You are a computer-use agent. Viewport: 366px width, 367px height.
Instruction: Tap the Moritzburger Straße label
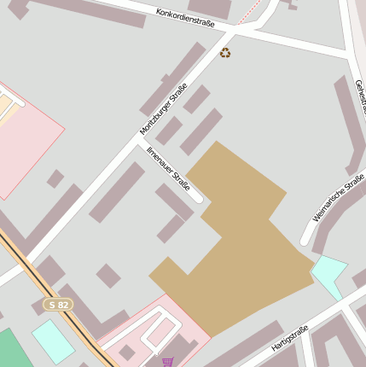tap(163, 114)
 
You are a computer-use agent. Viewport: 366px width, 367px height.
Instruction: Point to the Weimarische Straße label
tap(338, 198)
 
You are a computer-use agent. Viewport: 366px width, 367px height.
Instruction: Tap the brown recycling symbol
tap(225, 53)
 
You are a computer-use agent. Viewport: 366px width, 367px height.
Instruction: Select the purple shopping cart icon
tap(167, 362)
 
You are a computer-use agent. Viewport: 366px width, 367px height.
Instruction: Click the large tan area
tap(239, 248)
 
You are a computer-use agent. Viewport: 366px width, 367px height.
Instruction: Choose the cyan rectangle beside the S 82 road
tap(53, 340)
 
